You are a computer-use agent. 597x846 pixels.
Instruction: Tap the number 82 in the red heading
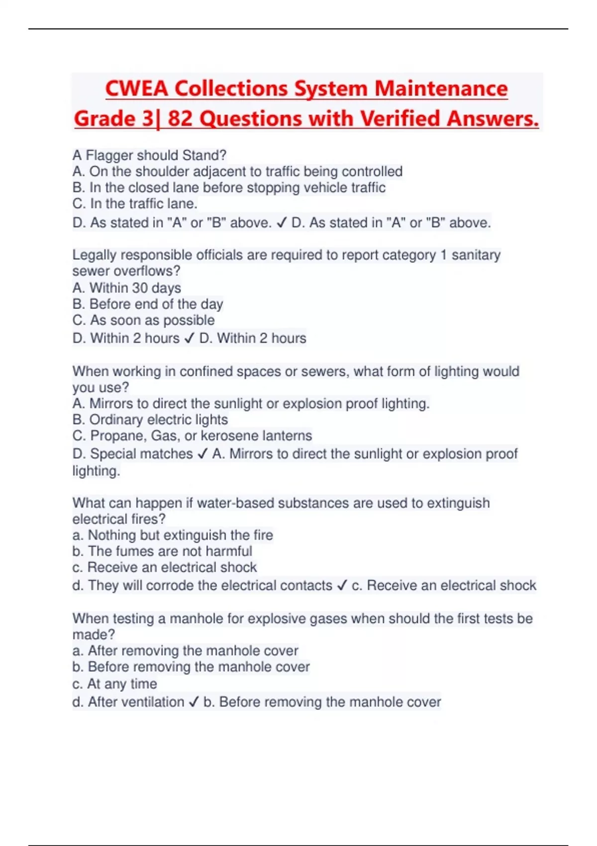coord(180,119)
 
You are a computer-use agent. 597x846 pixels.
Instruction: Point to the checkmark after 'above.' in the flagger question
coord(281,223)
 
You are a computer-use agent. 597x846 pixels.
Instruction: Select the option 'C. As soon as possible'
coord(143,320)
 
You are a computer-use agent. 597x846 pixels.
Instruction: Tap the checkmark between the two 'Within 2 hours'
coord(189,338)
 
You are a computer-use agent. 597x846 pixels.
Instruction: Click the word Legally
coord(95,255)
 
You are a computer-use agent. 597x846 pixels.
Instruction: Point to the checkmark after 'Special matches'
coord(202,454)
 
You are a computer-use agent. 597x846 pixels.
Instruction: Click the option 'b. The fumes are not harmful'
coord(162,551)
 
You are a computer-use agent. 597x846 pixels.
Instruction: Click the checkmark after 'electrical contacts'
coord(341,586)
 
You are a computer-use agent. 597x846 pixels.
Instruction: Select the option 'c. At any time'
coord(114,684)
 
